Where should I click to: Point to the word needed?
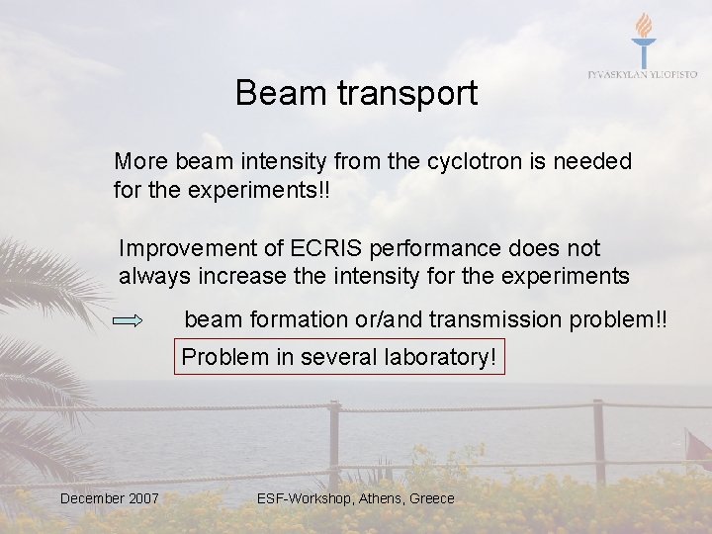click(x=593, y=161)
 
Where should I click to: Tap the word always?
click(x=151, y=276)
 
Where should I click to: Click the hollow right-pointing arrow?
click(x=130, y=321)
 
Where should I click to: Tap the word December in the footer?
click(x=92, y=498)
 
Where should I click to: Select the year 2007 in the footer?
click(x=143, y=498)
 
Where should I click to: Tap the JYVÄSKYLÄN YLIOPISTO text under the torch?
click(x=643, y=74)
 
